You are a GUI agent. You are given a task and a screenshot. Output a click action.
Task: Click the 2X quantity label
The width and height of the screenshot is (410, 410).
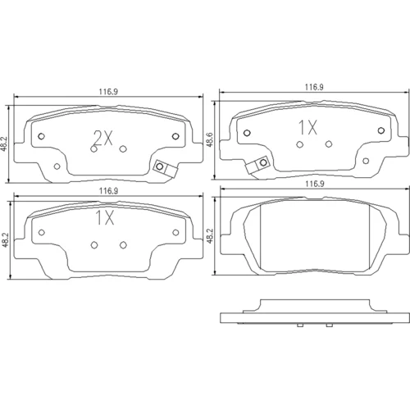[102, 138]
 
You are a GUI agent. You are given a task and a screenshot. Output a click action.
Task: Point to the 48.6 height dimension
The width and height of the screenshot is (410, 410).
[210, 140]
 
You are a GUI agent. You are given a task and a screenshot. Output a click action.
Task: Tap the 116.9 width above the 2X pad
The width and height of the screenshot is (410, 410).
[108, 92]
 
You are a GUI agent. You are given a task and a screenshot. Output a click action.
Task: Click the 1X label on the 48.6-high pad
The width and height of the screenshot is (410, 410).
[308, 128]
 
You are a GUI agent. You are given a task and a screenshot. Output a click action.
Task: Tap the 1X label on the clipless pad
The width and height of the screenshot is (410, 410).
[105, 218]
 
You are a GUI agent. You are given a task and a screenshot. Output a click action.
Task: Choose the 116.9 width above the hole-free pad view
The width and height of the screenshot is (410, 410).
[314, 184]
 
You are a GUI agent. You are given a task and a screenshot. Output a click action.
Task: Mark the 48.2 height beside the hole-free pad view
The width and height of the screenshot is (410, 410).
[210, 236]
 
